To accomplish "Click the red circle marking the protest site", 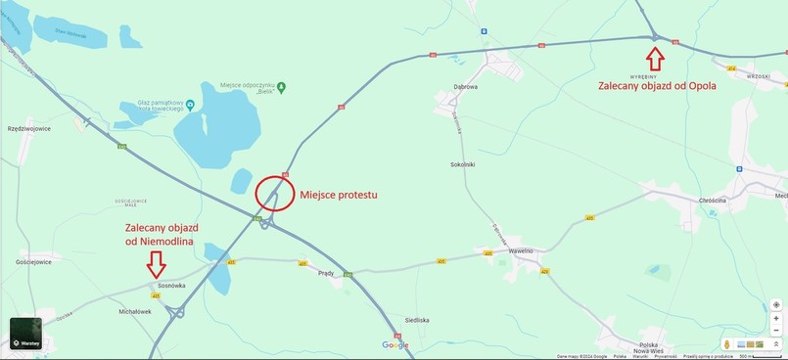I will [275, 194].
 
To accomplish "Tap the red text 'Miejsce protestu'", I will [338, 195].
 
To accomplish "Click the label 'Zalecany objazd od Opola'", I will [657, 85].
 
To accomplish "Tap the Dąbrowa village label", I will [465, 86].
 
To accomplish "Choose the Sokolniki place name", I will [462, 164].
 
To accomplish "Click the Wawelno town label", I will [521, 250].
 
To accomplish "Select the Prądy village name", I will [327, 273].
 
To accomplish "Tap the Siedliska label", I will [417, 320].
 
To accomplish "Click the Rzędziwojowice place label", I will [28, 128].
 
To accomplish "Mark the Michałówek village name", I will [135, 311].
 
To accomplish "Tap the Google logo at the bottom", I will [395, 344].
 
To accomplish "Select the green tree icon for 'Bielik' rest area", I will [281, 87].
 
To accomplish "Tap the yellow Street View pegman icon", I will [726, 343].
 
